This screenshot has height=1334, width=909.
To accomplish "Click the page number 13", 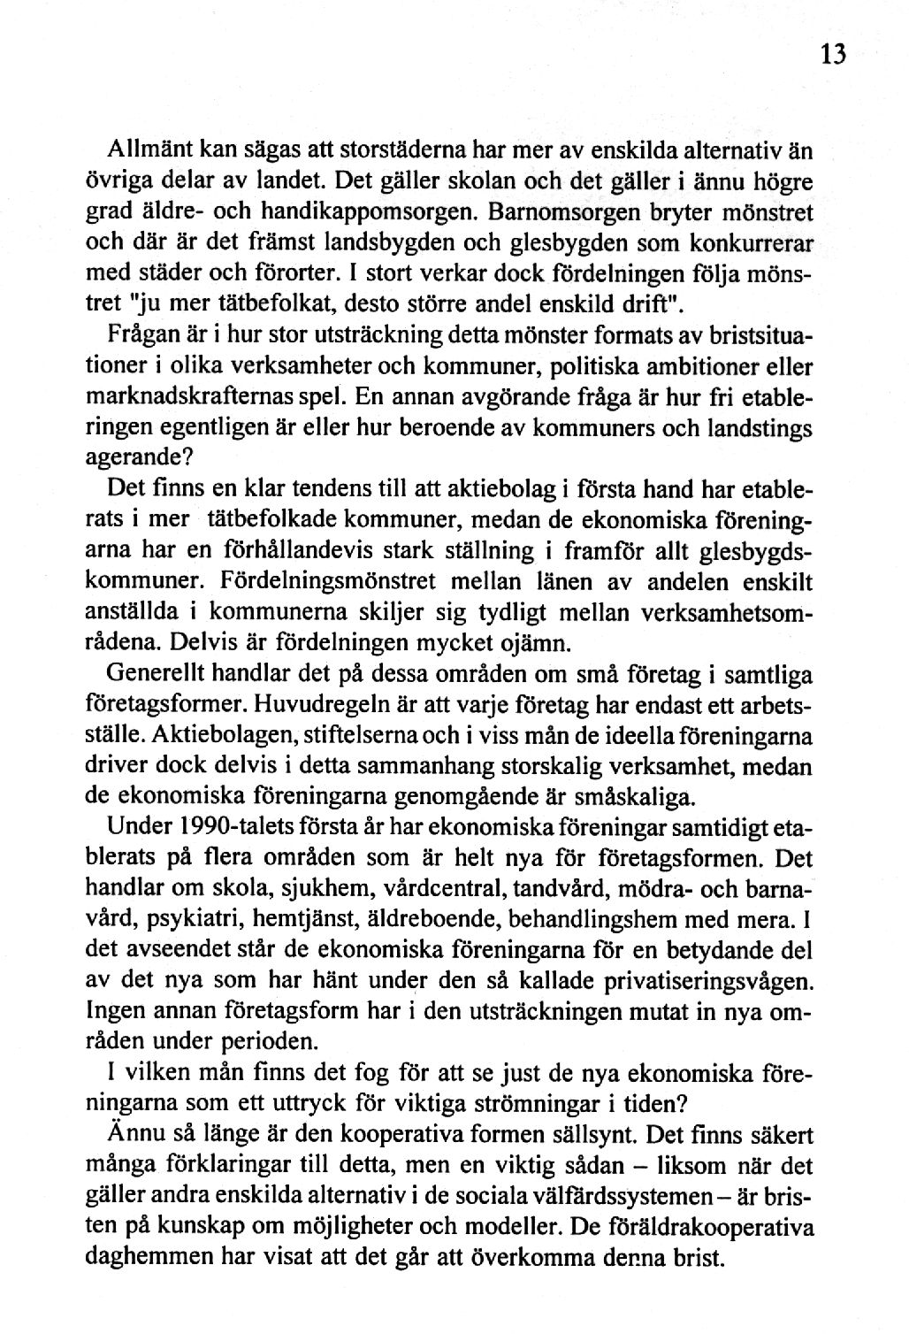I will [x=833, y=55].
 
